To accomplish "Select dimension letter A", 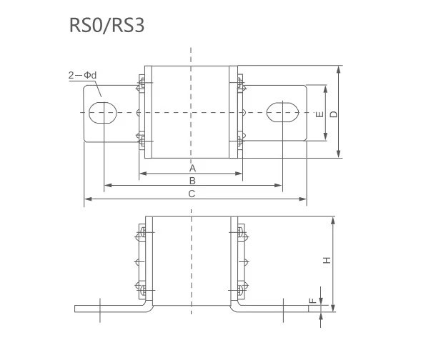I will coord(192,167).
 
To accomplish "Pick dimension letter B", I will coord(192,181).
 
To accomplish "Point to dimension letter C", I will coord(192,194).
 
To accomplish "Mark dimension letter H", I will coord(326,261).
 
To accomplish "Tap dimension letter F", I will coord(312,301).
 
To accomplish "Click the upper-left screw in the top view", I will coord(141,85).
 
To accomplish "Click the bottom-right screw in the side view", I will coord(242,290).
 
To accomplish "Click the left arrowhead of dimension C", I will coord(87,199).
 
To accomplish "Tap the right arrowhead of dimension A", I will coord(241,173).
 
